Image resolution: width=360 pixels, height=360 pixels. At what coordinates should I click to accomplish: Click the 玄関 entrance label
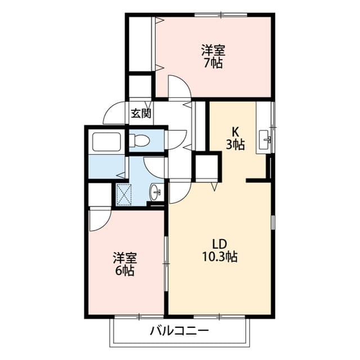pos(141,113)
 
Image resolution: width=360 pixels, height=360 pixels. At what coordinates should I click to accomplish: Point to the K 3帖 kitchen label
pos(235,138)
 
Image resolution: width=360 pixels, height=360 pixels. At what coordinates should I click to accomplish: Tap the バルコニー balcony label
pos(179,330)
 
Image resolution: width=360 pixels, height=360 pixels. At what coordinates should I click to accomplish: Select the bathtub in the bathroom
pos(107,141)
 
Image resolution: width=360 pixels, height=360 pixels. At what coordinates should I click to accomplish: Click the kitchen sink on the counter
pos(264,137)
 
